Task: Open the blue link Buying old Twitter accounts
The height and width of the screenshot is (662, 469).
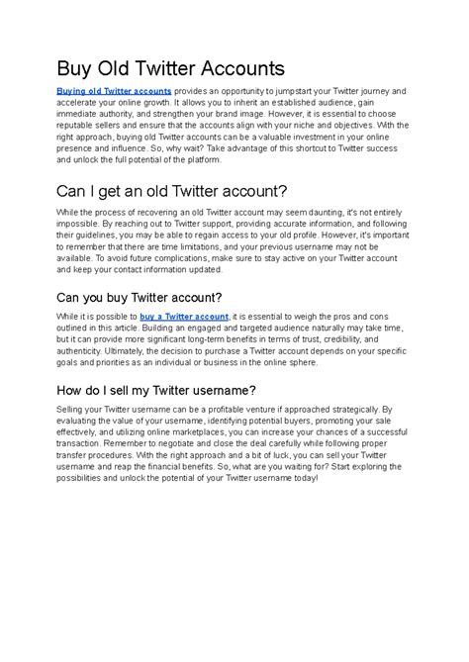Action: point(114,90)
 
